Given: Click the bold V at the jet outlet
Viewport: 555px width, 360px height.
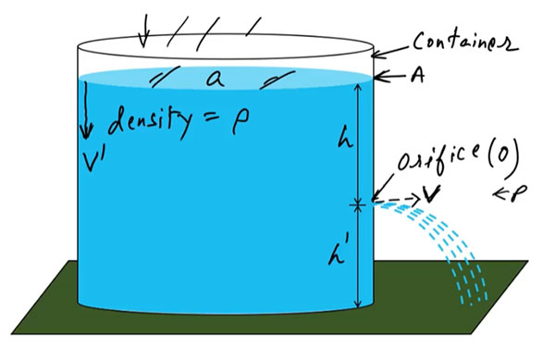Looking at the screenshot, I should coord(430,195).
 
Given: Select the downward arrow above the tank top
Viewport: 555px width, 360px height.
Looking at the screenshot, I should coord(143,31).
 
